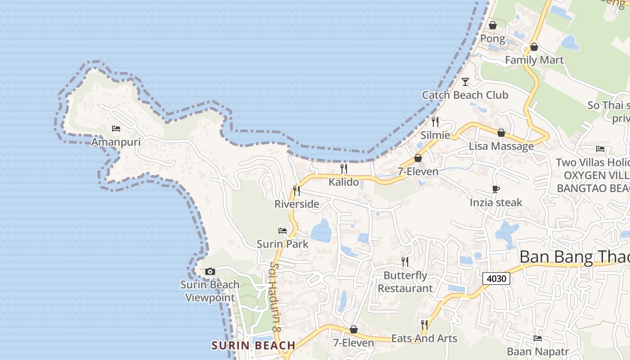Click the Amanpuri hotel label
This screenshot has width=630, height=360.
116,142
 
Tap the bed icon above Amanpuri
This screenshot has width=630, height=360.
116,129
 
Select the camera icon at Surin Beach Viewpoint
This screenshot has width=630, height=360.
210,271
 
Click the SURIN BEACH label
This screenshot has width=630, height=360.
253,346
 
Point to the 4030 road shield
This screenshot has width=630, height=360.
497,279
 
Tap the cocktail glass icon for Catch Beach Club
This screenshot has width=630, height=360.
465,81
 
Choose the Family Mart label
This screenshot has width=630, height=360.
534,60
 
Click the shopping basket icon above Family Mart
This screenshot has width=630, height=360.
534,47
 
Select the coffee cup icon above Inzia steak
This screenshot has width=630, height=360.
496,189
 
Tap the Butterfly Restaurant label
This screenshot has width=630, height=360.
405,282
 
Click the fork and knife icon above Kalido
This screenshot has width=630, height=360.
344,169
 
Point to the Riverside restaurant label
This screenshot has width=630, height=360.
297,204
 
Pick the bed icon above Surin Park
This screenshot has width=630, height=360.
283,231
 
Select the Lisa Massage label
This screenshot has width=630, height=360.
501,146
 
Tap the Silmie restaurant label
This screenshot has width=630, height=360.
435,135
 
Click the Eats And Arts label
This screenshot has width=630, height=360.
424,338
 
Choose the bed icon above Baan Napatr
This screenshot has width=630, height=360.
538,338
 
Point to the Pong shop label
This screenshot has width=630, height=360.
493,39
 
